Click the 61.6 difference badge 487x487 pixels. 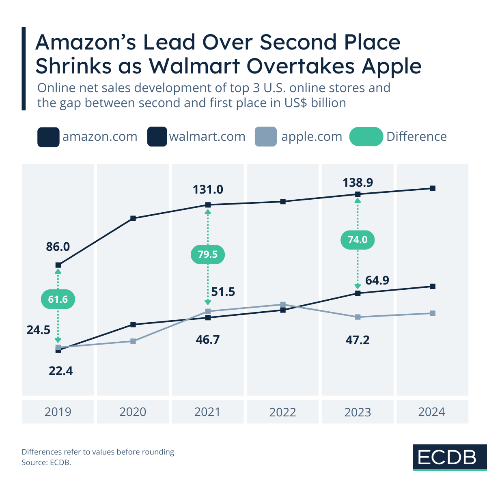pyautogui.click(x=58, y=300)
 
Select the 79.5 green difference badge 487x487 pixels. pyautogui.click(x=207, y=254)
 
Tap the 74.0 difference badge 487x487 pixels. pyautogui.click(x=357, y=240)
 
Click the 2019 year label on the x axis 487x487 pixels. pyautogui.click(x=58, y=412)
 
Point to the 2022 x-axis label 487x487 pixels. pyautogui.click(x=283, y=412)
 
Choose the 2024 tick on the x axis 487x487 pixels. pyautogui.click(x=432, y=412)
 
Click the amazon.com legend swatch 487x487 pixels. pyautogui.click(x=48, y=137)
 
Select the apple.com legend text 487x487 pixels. pyautogui.click(x=312, y=137)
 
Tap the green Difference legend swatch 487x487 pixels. pyautogui.click(x=366, y=137)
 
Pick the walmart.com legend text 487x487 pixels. pyautogui.click(x=207, y=137)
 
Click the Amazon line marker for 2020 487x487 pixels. pyautogui.click(x=133, y=218)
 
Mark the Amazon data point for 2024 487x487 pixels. pyautogui.click(x=433, y=188)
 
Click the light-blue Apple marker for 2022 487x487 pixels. pyautogui.click(x=283, y=304)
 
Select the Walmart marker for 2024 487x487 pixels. pyautogui.click(x=433, y=286)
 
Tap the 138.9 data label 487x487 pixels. pyautogui.click(x=358, y=183)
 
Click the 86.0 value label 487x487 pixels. pyautogui.click(x=58, y=246)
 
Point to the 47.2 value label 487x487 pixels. pyautogui.click(x=358, y=340)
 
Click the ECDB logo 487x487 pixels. pyautogui.click(x=447, y=457)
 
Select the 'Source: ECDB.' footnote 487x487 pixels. pyautogui.click(x=46, y=462)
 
